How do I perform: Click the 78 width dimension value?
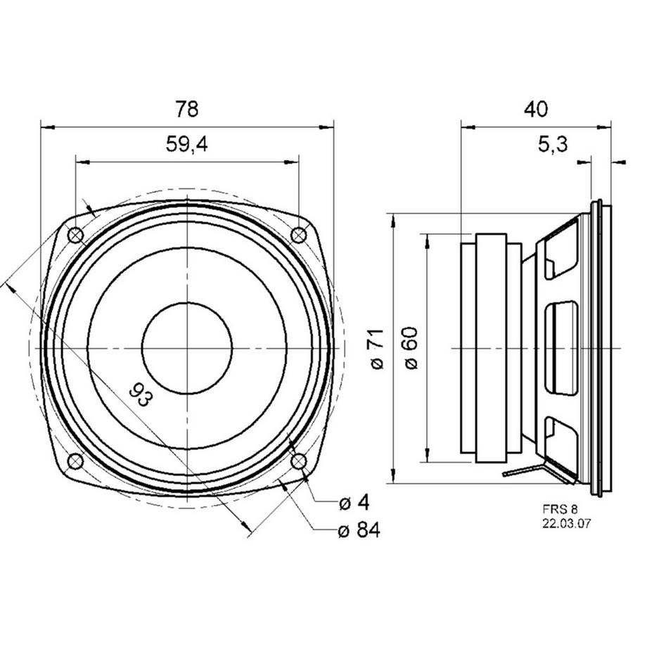(x=186, y=109)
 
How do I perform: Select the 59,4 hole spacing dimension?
(x=186, y=144)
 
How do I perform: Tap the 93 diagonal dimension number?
(x=141, y=395)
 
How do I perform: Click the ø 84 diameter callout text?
(x=359, y=530)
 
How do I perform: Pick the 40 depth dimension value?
(x=536, y=109)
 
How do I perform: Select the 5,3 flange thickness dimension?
(x=553, y=145)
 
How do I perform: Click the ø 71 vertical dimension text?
(x=378, y=349)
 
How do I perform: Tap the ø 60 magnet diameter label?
(x=412, y=349)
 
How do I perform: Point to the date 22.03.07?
(x=565, y=523)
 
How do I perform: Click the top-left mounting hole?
(x=75, y=236)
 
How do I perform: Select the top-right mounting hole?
(x=298, y=236)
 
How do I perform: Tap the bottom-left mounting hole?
(x=75, y=461)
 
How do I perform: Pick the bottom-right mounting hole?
(x=298, y=461)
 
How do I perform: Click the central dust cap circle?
(x=186, y=348)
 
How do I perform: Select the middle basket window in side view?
(x=562, y=348)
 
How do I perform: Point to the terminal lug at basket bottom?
(x=524, y=472)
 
